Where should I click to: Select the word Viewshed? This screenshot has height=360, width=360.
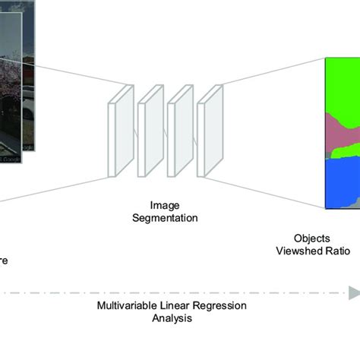(300, 251)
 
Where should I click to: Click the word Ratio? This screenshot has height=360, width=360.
(336, 251)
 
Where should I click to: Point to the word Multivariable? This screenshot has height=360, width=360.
(127, 306)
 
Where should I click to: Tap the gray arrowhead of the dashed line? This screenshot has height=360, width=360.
(353, 292)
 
